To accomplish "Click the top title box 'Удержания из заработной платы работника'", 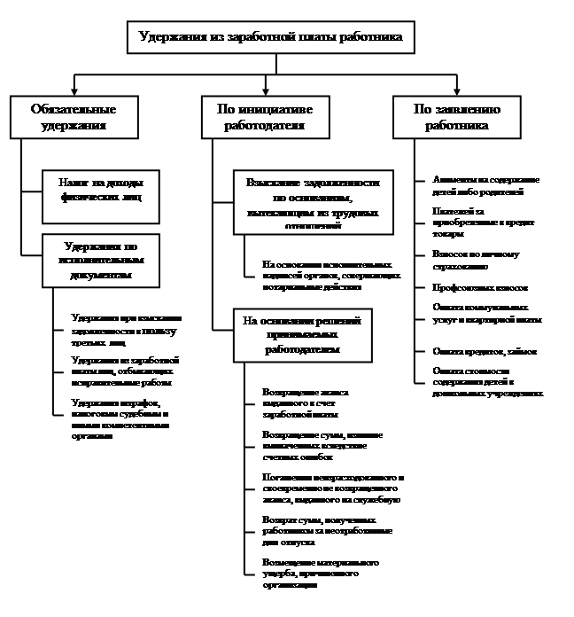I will (x=271, y=37).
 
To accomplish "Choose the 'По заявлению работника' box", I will (x=457, y=117).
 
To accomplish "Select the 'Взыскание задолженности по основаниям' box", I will (x=314, y=202).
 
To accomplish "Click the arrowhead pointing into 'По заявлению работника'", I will (x=457, y=91).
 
